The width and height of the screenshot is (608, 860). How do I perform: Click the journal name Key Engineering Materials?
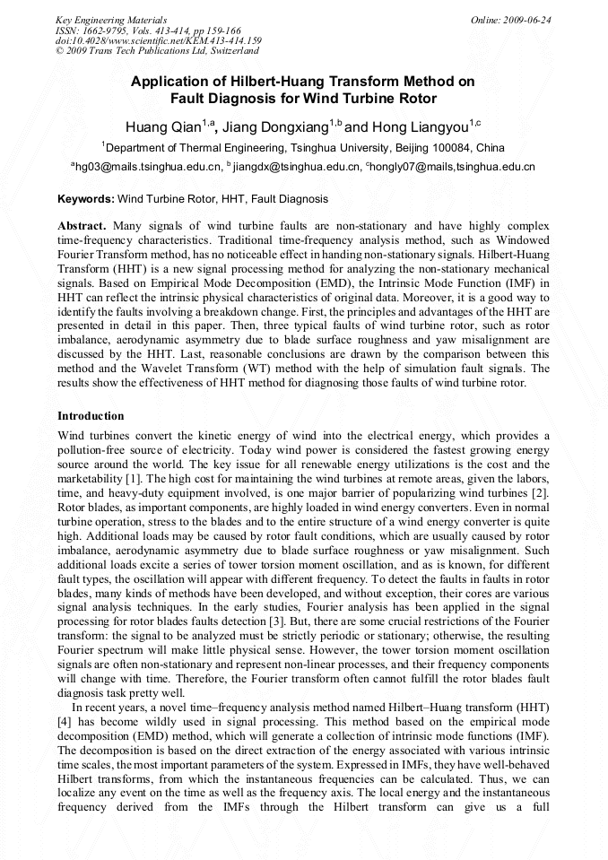[x=111, y=19]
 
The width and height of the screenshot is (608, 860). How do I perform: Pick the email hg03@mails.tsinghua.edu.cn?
[x=148, y=167]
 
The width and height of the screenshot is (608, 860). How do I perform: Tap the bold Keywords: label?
[x=86, y=199]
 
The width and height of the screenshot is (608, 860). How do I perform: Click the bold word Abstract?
[x=82, y=226]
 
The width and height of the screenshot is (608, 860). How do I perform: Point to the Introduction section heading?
[x=91, y=416]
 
